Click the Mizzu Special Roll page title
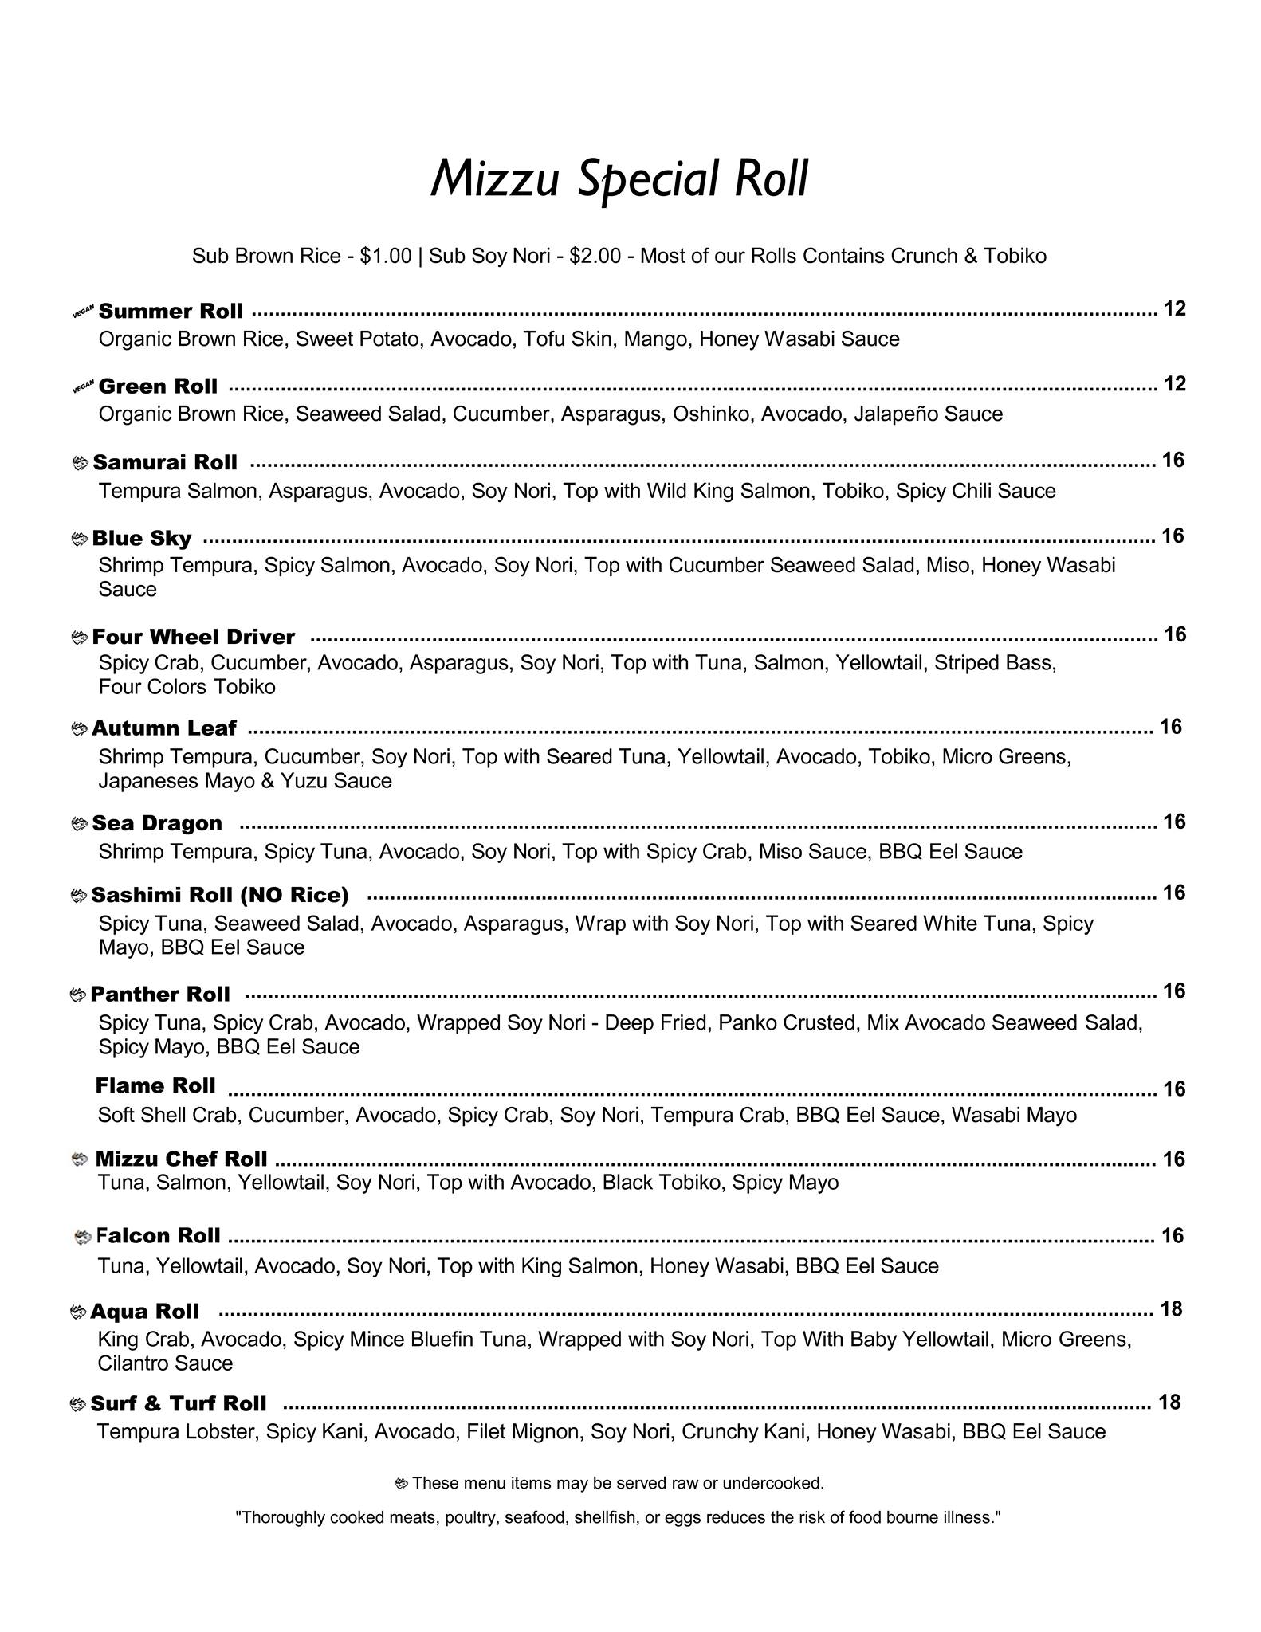click(x=619, y=178)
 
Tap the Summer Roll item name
click(x=171, y=311)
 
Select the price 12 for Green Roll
click(x=1175, y=384)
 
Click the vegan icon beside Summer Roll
click(x=84, y=312)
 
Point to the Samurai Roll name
click(x=165, y=462)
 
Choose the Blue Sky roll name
click(x=142, y=538)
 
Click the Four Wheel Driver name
click(x=194, y=637)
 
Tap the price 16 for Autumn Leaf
click(x=1170, y=727)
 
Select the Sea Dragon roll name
click(x=157, y=823)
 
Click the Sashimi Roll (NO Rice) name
click(x=220, y=895)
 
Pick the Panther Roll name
click(x=159, y=994)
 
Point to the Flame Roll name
click(x=155, y=1085)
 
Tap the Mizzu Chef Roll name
click(x=181, y=1158)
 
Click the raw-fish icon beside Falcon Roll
click(x=83, y=1237)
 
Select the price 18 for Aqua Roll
click(x=1171, y=1309)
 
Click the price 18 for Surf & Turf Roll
click(x=1169, y=1402)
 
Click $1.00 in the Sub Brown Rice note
click(x=386, y=256)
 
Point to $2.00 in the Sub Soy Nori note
click(x=595, y=256)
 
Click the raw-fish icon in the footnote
click(x=402, y=1484)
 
